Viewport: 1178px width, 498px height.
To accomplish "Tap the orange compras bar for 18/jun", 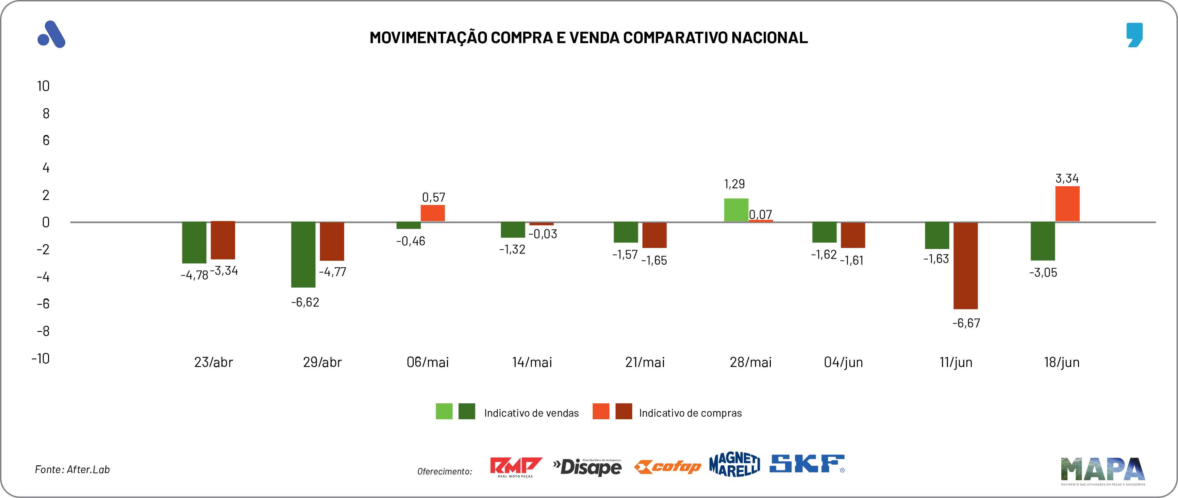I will (1067, 204).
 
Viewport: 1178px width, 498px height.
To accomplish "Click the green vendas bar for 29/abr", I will (304, 255).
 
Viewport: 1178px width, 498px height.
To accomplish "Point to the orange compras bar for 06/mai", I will (433, 213).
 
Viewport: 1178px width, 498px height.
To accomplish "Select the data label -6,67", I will (966, 323).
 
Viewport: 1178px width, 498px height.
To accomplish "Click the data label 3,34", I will (1067, 178).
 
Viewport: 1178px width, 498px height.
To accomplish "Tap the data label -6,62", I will (305, 302).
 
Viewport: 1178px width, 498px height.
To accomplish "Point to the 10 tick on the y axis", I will (43, 86).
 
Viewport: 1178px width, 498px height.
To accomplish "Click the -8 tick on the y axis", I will (43, 331).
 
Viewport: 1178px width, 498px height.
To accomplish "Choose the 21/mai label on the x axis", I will (645, 362).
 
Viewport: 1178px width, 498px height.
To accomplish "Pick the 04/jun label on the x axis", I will (843, 362).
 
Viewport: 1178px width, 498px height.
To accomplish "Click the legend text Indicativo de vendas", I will (531, 413).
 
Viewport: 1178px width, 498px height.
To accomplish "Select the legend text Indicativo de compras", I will (690, 413).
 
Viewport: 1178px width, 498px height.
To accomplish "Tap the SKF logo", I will (807, 464).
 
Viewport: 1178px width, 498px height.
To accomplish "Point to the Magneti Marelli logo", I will (735, 464).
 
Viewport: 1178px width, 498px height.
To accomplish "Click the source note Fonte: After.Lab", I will (72, 470).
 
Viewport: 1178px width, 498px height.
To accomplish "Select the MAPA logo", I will (1103, 470).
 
